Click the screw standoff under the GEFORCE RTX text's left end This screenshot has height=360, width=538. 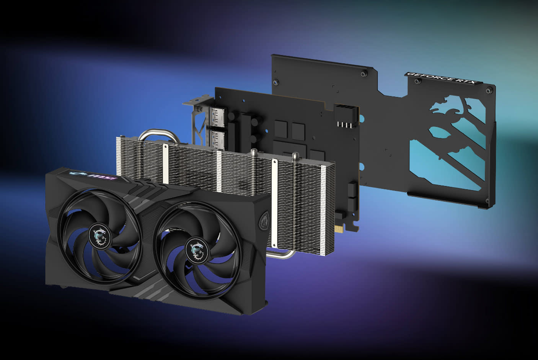pyautogui.click(x=415, y=82)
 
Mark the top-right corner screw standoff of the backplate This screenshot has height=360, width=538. pyautogui.click(x=488, y=90)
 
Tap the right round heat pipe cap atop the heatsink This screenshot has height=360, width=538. pyautogui.click(x=295, y=156)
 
